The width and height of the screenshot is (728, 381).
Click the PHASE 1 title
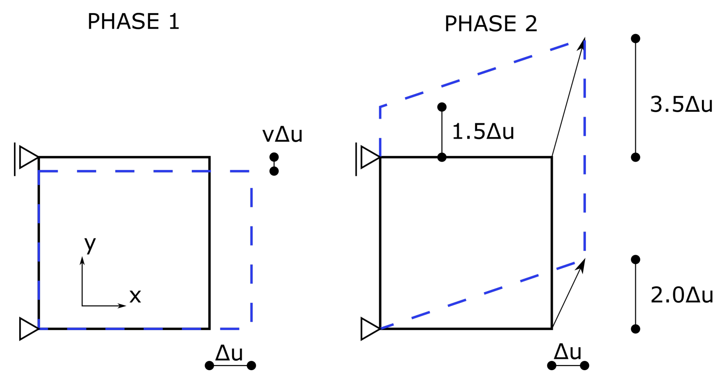tap(133, 22)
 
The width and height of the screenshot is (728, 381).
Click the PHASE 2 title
tap(491, 24)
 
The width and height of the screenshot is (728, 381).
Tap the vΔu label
tap(282, 135)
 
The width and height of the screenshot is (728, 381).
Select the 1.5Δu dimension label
tap(483, 131)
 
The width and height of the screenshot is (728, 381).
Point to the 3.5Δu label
tap(681, 105)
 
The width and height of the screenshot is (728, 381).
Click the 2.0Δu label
tap(682, 295)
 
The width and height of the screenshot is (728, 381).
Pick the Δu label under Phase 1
tap(229, 353)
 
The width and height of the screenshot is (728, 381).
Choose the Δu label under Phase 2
tap(567, 352)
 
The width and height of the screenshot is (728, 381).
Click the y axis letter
tap(90, 244)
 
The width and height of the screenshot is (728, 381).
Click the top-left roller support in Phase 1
tap(26, 157)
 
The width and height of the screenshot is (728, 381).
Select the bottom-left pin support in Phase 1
tap(29, 329)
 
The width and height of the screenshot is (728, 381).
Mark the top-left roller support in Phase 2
tap(368, 157)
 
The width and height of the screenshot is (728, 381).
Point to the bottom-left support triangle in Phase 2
tap(370, 329)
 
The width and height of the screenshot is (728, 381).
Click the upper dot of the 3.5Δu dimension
tap(635, 38)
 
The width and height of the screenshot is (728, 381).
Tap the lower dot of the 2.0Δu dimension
tap(635, 329)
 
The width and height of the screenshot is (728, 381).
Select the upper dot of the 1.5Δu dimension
tap(442, 107)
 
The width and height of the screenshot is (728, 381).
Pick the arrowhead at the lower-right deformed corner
tap(581, 265)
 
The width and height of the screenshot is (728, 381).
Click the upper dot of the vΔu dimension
tap(274, 157)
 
